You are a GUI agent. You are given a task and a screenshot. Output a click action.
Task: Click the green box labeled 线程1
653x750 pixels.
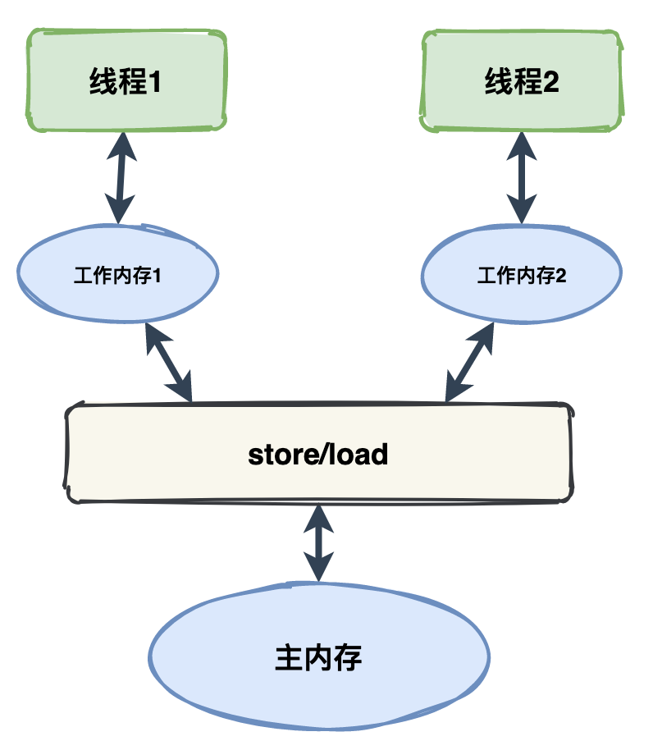click(126, 80)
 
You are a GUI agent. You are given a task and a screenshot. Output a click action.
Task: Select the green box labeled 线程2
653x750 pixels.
click(522, 80)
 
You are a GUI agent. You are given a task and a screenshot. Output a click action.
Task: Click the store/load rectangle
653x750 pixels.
click(318, 454)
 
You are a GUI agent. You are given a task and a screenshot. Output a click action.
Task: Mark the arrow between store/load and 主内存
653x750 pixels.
click(318, 542)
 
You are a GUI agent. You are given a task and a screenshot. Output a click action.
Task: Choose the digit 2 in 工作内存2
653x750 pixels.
click(561, 277)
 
